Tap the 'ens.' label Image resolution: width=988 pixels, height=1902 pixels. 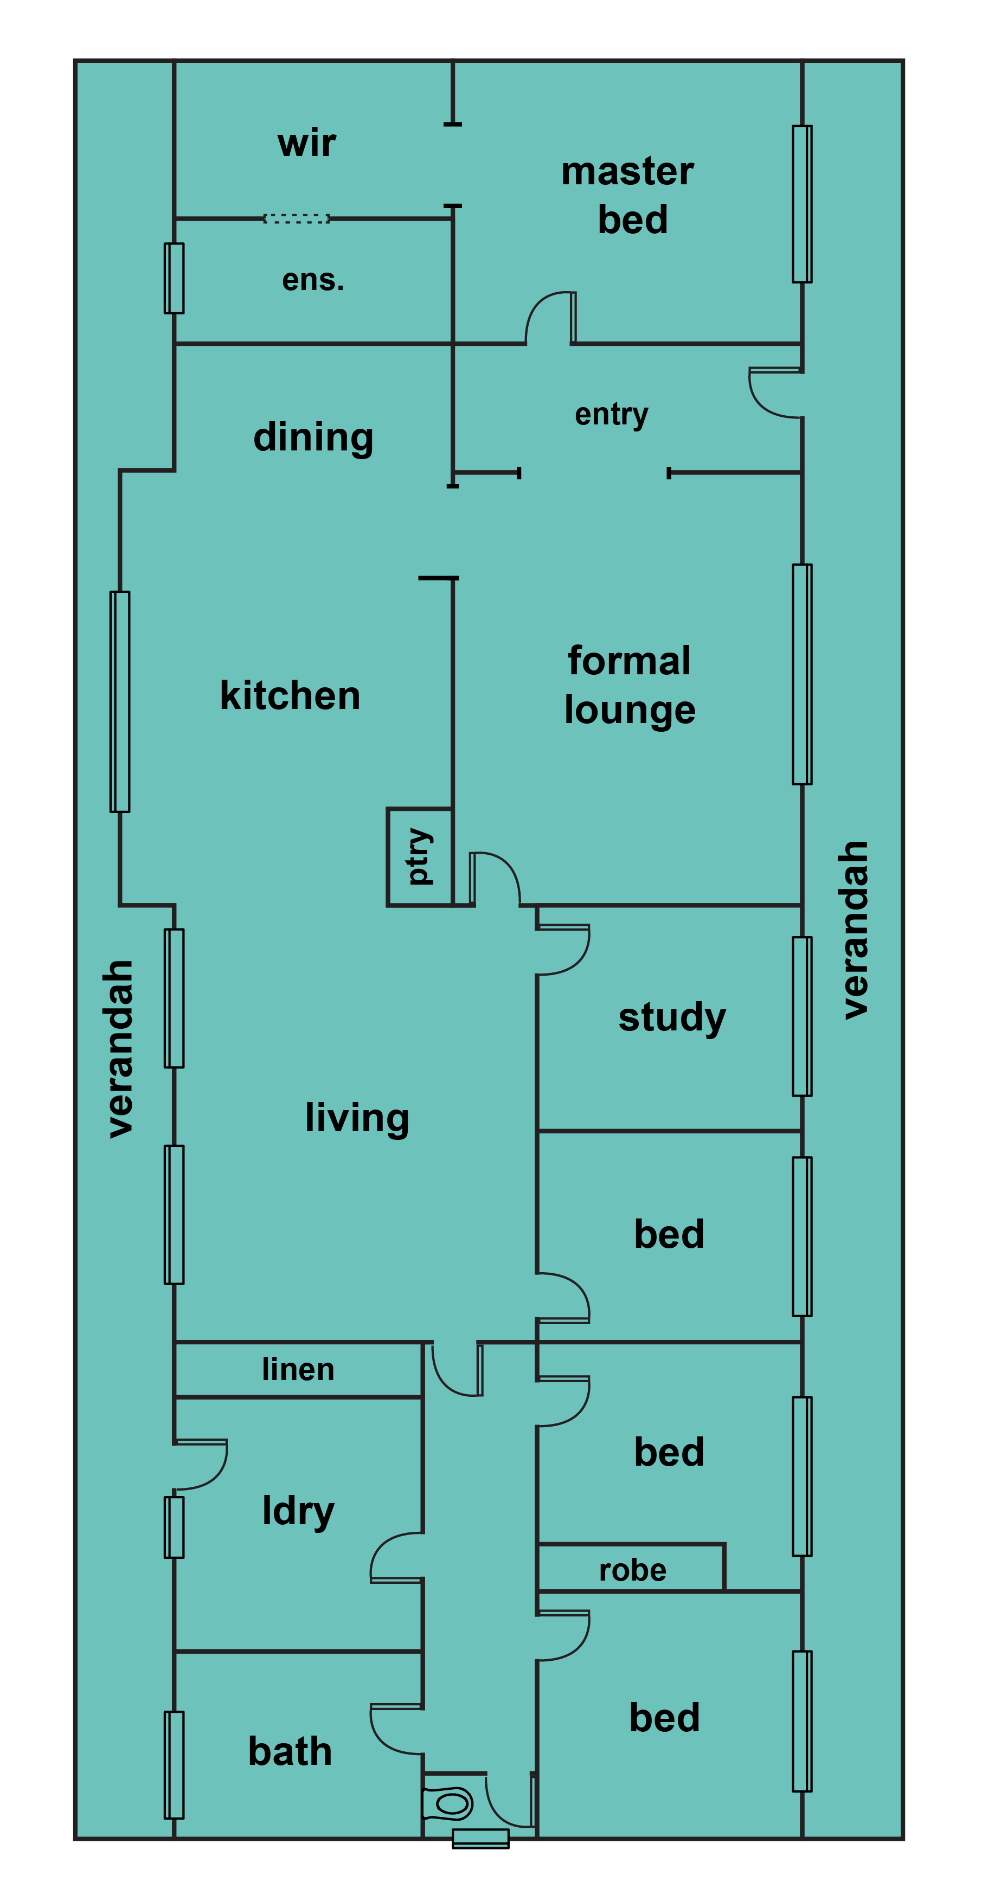pyautogui.click(x=313, y=280)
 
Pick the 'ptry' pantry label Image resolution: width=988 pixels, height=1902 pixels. pyautogui.click(x=419, y=856)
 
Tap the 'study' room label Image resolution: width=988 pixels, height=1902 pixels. pyautogui.click(x=672, y=1017)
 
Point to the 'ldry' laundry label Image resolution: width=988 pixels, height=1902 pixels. pyautogui.click(x=298, y=1511)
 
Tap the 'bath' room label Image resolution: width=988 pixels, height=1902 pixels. pyautogui.click(x=290, y=1751)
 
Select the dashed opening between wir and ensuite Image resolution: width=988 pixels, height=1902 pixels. pyautogui.click(x=296, y=218)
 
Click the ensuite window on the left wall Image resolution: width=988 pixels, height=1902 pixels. pyautogui.click(x=174, y=279)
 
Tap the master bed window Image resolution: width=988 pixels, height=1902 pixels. pyautogui.click(x=802, y=204)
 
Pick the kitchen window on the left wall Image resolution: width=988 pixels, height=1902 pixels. pyautogui.click(x=120, y=701)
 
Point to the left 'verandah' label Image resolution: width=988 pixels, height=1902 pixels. pyautogui.click(x=120, y=1048)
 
